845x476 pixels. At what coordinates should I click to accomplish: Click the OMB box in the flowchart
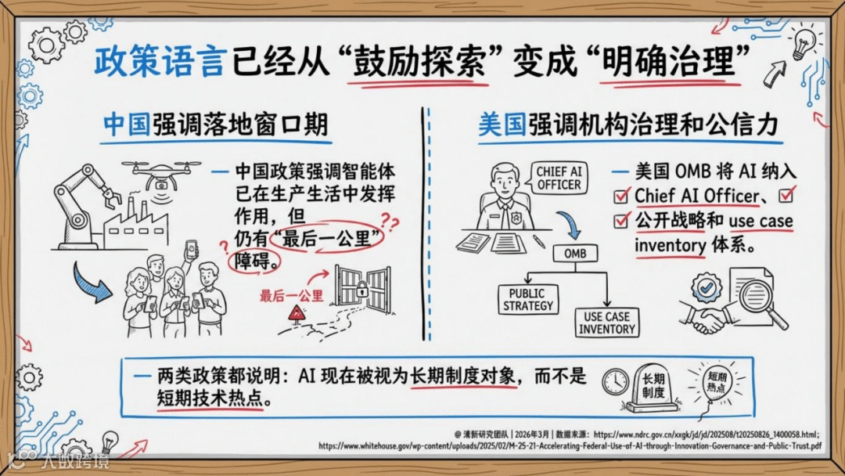click(x=575, y=254)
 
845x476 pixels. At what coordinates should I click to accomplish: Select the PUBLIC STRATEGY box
click(x=527, y=300)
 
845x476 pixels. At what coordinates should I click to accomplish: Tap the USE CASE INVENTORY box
click(x=607, y=323)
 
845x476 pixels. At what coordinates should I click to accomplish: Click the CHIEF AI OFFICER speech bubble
click(x=559, y=178)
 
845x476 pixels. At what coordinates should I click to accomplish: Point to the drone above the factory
click(x=161, y=174)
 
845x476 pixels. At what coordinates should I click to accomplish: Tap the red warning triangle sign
click(x=297, y=313)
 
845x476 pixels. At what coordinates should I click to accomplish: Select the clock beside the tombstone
click(x=615, y=381)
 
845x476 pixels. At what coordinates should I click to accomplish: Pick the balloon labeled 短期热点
click(x=717, y=382)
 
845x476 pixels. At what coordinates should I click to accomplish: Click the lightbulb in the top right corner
click(x=804, y=42)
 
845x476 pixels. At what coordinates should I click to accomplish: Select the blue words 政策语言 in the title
click(x=158, y=62)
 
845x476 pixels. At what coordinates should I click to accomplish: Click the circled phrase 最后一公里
click(x=326, y=238)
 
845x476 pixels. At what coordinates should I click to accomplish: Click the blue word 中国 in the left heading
click(x=128, y=125)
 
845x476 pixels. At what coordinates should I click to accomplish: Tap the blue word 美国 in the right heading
click(x=502, y=125)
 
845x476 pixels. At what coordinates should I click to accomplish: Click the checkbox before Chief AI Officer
click(x=621, y=196)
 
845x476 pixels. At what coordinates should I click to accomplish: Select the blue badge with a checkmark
click(x=706, y=287)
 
